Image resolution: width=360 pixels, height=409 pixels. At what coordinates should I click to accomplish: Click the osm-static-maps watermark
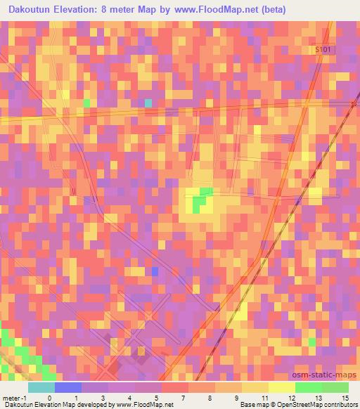click(323, 375)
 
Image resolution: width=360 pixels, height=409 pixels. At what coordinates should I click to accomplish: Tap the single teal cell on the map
click(148, 103)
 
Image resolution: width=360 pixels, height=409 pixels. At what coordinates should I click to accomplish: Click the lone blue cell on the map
click(155, 271)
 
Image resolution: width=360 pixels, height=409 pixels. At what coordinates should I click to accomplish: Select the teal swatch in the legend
click(41, 387)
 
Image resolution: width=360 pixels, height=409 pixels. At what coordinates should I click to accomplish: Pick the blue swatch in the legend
click(68, 387)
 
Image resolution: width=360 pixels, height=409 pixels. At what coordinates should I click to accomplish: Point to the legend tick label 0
click(49, 397)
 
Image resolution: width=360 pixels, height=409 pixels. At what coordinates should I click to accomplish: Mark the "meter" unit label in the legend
click(12, 397)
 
